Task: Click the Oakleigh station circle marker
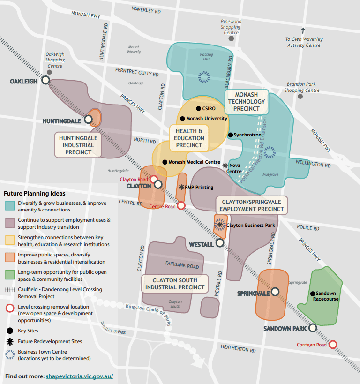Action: pos(45,80)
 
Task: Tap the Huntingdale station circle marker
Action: pos(89,120)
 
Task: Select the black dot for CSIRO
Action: pos(198,109)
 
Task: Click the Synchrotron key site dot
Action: pos(230,135)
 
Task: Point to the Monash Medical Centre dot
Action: pos(165,162)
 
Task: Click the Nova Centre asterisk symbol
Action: pos(225,166)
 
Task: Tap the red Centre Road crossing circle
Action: pos(181,205)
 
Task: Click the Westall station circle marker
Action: pos(219,243)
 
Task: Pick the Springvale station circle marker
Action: pos(275,292)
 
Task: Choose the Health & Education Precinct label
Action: pos(189,138)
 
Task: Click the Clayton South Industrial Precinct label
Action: pos(175,284)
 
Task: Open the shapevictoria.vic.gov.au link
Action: pos(79,376)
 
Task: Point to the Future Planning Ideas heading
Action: pos(35,193)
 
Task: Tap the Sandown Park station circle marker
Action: pos(312,328)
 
